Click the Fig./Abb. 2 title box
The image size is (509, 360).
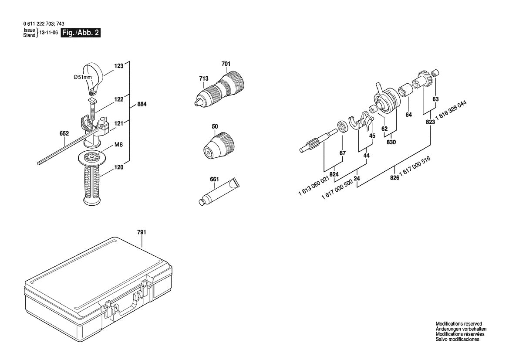tap(81, 33)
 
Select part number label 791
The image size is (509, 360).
tap(142, 232)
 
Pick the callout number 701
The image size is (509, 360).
tap(226, 64)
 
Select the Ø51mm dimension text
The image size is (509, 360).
tap(82, 77)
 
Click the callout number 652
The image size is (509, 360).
tap(64, 133)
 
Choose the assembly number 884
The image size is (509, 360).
tap(142, 105)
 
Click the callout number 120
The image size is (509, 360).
tap(119, 167)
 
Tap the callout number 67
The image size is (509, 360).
tap(343, 153)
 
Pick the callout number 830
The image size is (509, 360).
tap(391, 141)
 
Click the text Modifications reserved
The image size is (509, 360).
tap(459, 324)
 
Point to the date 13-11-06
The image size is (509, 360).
tap(48, 33)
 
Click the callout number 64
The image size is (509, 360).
tap(408, 115)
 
